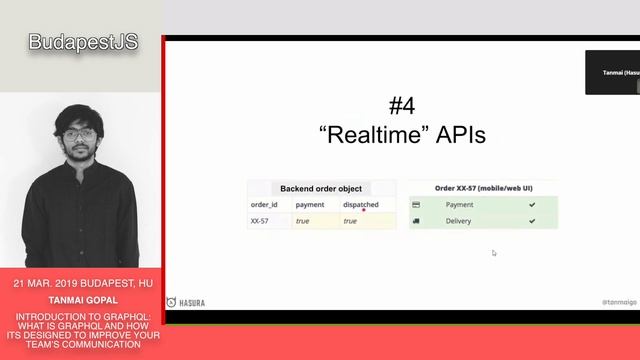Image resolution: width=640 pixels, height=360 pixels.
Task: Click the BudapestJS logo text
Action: [x=82, y=42]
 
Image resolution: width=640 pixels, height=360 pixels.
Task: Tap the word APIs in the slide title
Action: [x=458, y=134]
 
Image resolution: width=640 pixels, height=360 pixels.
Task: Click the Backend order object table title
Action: [x=321, y=188]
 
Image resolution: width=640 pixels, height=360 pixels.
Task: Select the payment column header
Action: [x=310, y=205]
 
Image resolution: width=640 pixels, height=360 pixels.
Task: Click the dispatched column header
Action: [x=361, y=205]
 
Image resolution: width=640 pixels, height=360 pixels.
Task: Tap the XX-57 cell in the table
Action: [x=261, y=221]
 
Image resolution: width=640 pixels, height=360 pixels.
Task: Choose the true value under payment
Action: [x=301, y=221]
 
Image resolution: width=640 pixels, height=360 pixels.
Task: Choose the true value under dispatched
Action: [x=350, y=221]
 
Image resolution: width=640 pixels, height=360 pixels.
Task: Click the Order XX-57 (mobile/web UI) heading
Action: [x=483, y=188]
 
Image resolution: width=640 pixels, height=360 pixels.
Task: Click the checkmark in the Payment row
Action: [x=532, y=205]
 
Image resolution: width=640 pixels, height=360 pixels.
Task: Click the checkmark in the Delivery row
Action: [x=532, y=221]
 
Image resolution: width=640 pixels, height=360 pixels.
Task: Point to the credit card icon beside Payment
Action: [x=416, y=205]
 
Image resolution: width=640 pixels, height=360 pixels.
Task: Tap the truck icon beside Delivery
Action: [x=416, y=221]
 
